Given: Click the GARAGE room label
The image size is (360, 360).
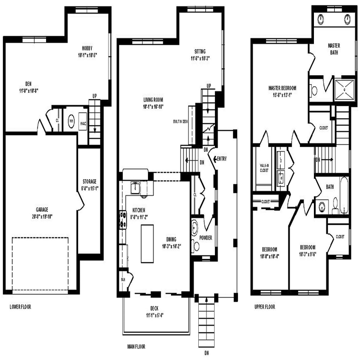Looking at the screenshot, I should pyautogui.click(x=42, y=209).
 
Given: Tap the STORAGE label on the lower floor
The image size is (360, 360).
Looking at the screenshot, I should pyautogui.click(x=90, y=181).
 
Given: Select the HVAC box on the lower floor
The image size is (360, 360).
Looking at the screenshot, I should pyautogui.click(x=83, y=123).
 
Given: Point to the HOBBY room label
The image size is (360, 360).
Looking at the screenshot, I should pyautogui.click(x=88, y=48).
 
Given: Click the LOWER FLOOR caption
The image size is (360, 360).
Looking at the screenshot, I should pyautogui.click(x=20, y=307).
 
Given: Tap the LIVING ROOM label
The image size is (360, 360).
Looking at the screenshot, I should pyautogui.click(x=154, y=100).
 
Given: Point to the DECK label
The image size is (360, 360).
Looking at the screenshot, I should pyautogui.click(x=154, y=308).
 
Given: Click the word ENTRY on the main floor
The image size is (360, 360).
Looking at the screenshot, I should pyautogui.click(x=221, y=159).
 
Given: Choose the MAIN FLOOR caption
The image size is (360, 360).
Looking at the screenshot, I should pyautogui.click(x=136, y=347).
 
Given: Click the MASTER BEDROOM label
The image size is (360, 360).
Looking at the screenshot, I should pyautogui.click(x=282, y=88).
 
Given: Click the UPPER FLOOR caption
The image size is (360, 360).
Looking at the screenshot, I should pyautogui.click(x=264, y=307).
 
